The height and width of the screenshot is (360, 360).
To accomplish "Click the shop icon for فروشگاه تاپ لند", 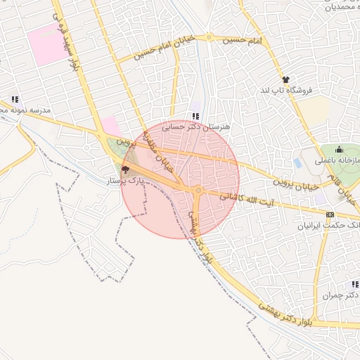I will [x=285, y=80].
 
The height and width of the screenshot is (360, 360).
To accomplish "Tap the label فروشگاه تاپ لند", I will [x=285, y=91].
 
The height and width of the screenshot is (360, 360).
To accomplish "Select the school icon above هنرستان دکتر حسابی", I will [x=195, y=116].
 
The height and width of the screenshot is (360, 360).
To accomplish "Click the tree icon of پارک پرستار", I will [x=126, y=169].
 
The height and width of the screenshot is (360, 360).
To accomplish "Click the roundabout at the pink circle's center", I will [x=199, y=190].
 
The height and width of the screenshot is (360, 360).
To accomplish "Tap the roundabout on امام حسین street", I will [x=209, y=37].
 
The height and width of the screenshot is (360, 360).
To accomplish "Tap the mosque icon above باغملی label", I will [x=340, y=149].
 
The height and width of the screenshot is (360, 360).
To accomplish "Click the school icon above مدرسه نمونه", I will [x=14, y=100].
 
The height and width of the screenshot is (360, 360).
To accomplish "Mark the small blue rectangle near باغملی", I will [x=299, y=163].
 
